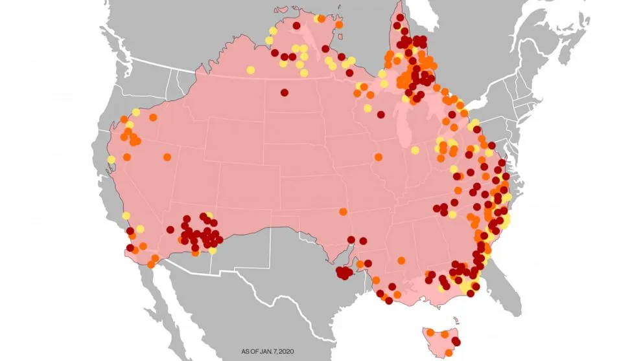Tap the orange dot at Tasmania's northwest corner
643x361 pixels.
428,333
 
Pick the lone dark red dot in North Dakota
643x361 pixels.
284,92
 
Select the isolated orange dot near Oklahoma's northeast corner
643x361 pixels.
343,211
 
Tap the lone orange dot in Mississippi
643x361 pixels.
401,260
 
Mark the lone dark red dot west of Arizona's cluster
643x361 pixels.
170,229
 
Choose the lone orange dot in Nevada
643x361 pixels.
167,157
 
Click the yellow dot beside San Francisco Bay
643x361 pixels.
111,159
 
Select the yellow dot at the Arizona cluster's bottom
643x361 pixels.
213,250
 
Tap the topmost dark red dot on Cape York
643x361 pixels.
401,17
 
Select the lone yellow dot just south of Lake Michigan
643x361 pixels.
414,150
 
